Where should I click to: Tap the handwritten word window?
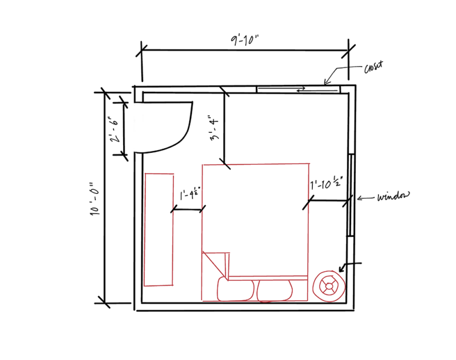393,197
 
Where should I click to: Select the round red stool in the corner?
329,285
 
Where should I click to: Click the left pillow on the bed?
235,289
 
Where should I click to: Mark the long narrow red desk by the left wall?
158,228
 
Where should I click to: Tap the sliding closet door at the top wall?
298,88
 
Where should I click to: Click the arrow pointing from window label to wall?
365,198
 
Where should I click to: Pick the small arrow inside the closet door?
300,88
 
